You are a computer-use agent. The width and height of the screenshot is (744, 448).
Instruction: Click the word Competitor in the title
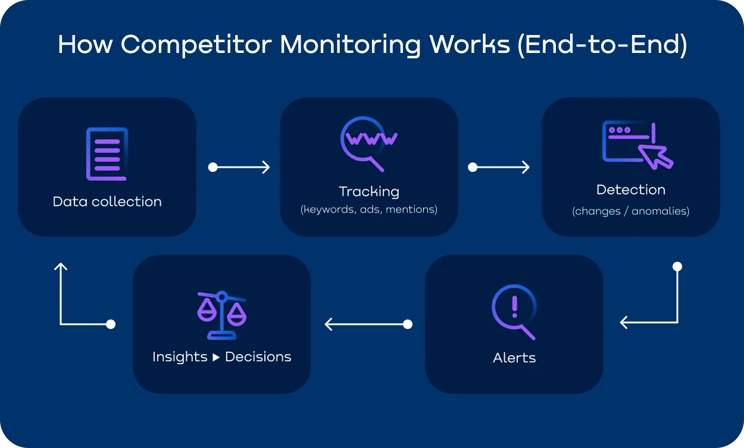tap(196, 46)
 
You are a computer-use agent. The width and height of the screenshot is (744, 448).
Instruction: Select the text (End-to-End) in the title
tap(602, 46)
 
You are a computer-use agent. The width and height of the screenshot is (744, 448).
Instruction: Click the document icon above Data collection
tap(107, 153)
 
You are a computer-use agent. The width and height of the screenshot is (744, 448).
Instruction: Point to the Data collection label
tap(107, 202)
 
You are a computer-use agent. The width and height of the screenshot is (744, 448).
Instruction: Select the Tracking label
tap(369, 192)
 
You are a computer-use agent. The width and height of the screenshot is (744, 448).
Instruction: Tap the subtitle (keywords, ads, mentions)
tap(369, 209)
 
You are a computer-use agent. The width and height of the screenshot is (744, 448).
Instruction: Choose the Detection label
tap(631, 190)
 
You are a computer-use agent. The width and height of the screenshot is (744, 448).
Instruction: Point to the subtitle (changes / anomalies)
tap(631, 211)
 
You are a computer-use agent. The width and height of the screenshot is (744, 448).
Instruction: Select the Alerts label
tap(514, 358)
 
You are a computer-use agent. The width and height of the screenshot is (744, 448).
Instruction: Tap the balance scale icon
tap(221, 315)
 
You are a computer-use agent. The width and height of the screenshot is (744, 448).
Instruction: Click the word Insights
tap(180, 357)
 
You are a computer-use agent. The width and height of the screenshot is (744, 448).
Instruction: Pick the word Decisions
tap(258, 357)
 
